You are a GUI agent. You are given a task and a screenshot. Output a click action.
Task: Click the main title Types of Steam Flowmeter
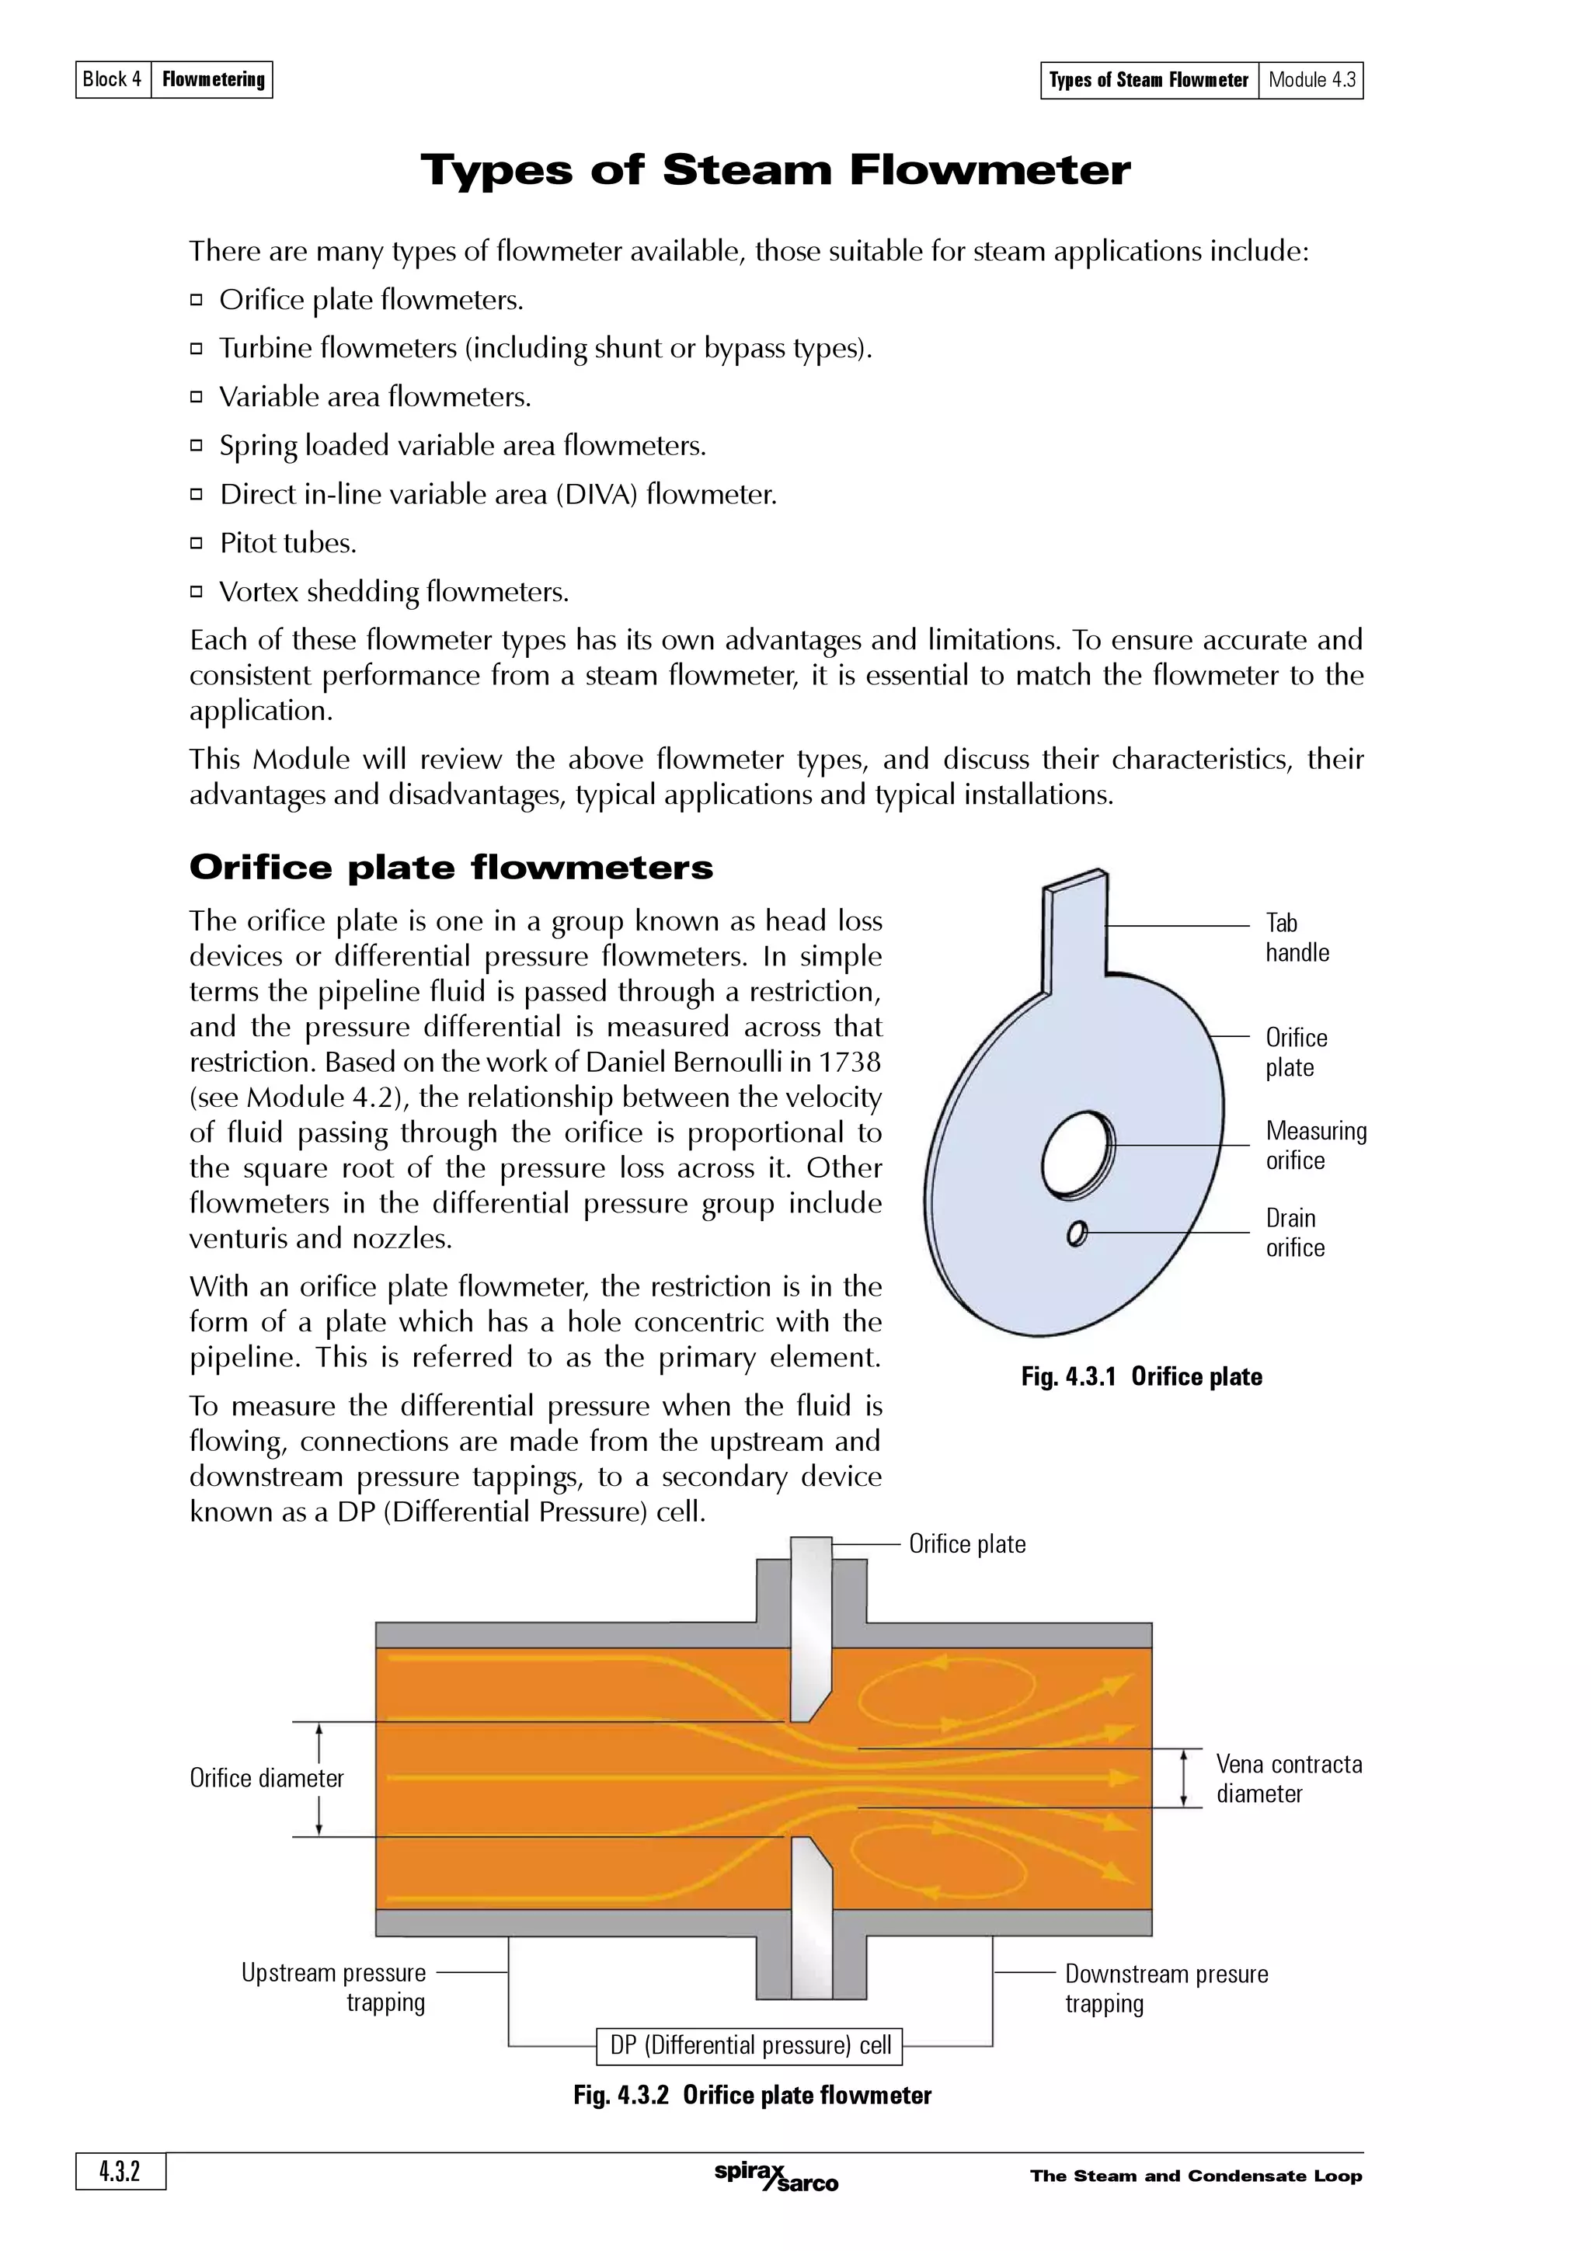(775, 171)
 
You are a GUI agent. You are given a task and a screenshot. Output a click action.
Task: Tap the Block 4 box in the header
(113, 79)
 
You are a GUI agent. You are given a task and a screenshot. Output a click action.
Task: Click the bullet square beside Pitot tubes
(196, 542)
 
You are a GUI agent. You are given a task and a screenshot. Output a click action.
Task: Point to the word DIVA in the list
(596, 494)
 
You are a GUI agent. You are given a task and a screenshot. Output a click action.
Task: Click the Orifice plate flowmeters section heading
(451, 868)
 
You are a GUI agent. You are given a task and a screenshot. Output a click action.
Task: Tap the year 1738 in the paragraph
(849, 1062)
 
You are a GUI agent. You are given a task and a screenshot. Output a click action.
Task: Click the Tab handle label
(1296, 938)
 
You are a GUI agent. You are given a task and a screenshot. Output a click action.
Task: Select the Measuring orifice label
(1314, 1145)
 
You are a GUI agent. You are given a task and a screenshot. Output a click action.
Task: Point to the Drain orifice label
(1294, 1233)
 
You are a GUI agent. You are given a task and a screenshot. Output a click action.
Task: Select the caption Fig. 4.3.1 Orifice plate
(1141, 1376)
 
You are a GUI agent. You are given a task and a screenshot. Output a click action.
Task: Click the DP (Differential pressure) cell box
(750, 2045)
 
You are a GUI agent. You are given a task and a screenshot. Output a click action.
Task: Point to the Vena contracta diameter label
(1288, 1779)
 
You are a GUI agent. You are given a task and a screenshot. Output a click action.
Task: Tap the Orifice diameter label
(266, 1779)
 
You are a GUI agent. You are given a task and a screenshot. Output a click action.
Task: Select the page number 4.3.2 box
(120, 2172)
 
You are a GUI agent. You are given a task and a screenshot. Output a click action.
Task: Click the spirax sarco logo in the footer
(775, 2176)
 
